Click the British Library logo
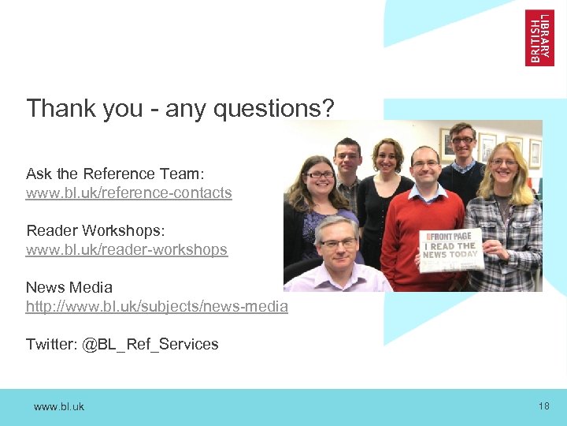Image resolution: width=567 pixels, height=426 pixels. click(539, 37)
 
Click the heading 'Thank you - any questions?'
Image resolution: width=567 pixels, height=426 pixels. click(180, 108)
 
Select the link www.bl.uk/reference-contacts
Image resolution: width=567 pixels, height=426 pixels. click(129, 192)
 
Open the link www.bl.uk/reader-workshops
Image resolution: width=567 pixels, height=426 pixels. click(127, 249)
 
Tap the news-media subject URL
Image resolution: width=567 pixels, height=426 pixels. click(157, 306)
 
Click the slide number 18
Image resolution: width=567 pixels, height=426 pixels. click(544, 405)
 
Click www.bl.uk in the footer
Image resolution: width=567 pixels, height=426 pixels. click(59, 406)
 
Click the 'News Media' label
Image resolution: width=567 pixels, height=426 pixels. click(69, 287)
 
